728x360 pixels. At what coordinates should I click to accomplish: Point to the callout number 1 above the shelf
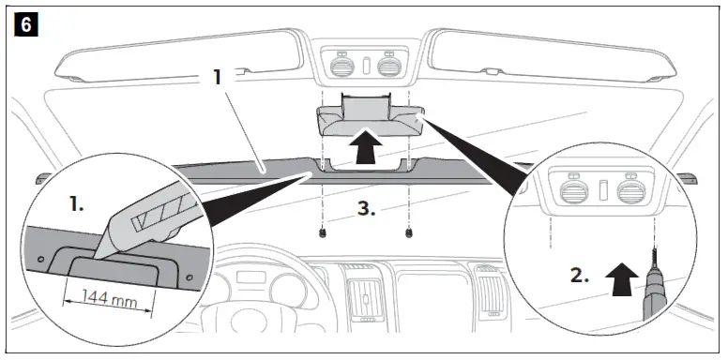click(217, 77)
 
